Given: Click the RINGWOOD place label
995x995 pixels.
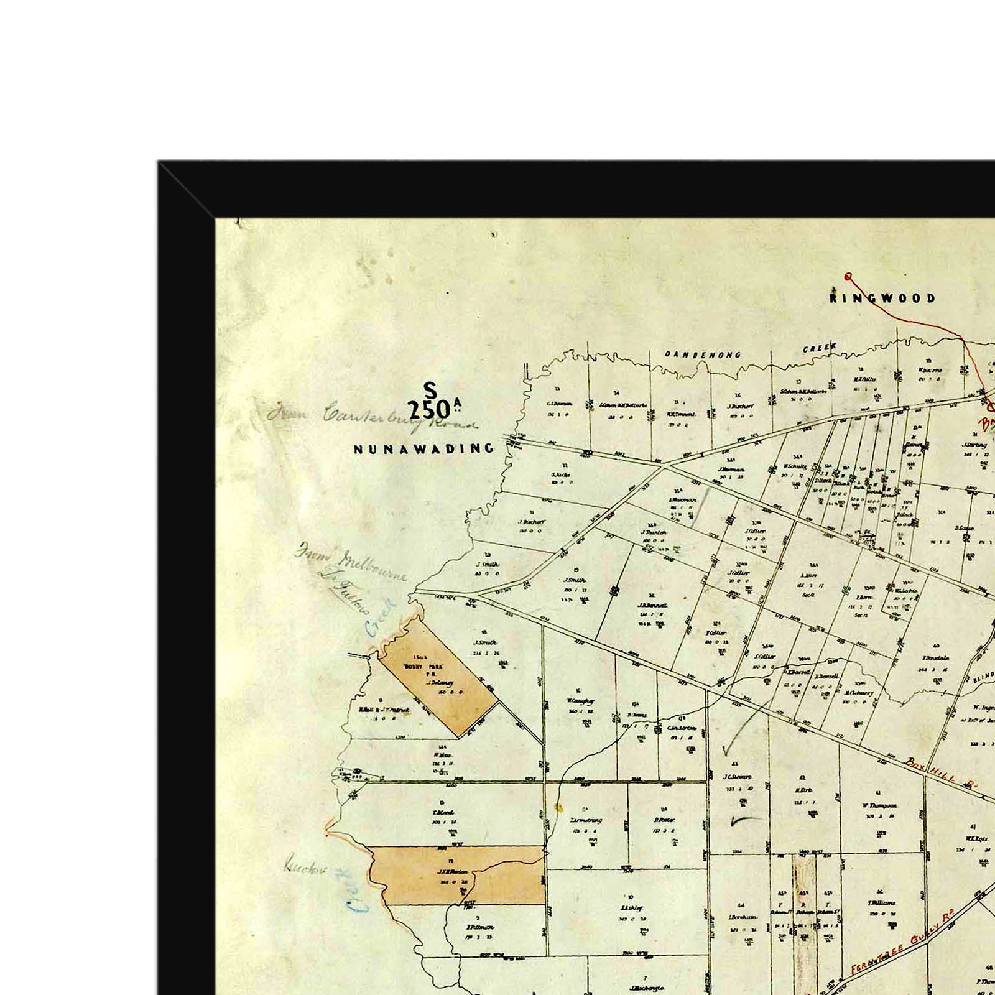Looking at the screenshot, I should click(x=882, y=298).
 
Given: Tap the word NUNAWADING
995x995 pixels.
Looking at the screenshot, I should click(x=423, y=448).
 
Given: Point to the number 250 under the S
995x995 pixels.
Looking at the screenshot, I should click(x=429, y=410).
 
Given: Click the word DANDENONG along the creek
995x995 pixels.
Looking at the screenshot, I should click(x=703, y=355).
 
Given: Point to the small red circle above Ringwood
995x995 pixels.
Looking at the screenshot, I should click(x=848, y=277).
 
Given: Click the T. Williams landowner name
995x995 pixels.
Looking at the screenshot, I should click(x=882, y=903).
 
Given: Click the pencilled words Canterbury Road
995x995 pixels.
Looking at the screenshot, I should click(x=398, y=420).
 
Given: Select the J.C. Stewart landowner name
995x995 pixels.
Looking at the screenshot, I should click(x=738, y=777).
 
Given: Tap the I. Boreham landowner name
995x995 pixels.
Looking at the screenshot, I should click(x=742, y=917).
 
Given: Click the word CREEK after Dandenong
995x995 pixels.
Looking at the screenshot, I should click(x=820, y=349).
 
